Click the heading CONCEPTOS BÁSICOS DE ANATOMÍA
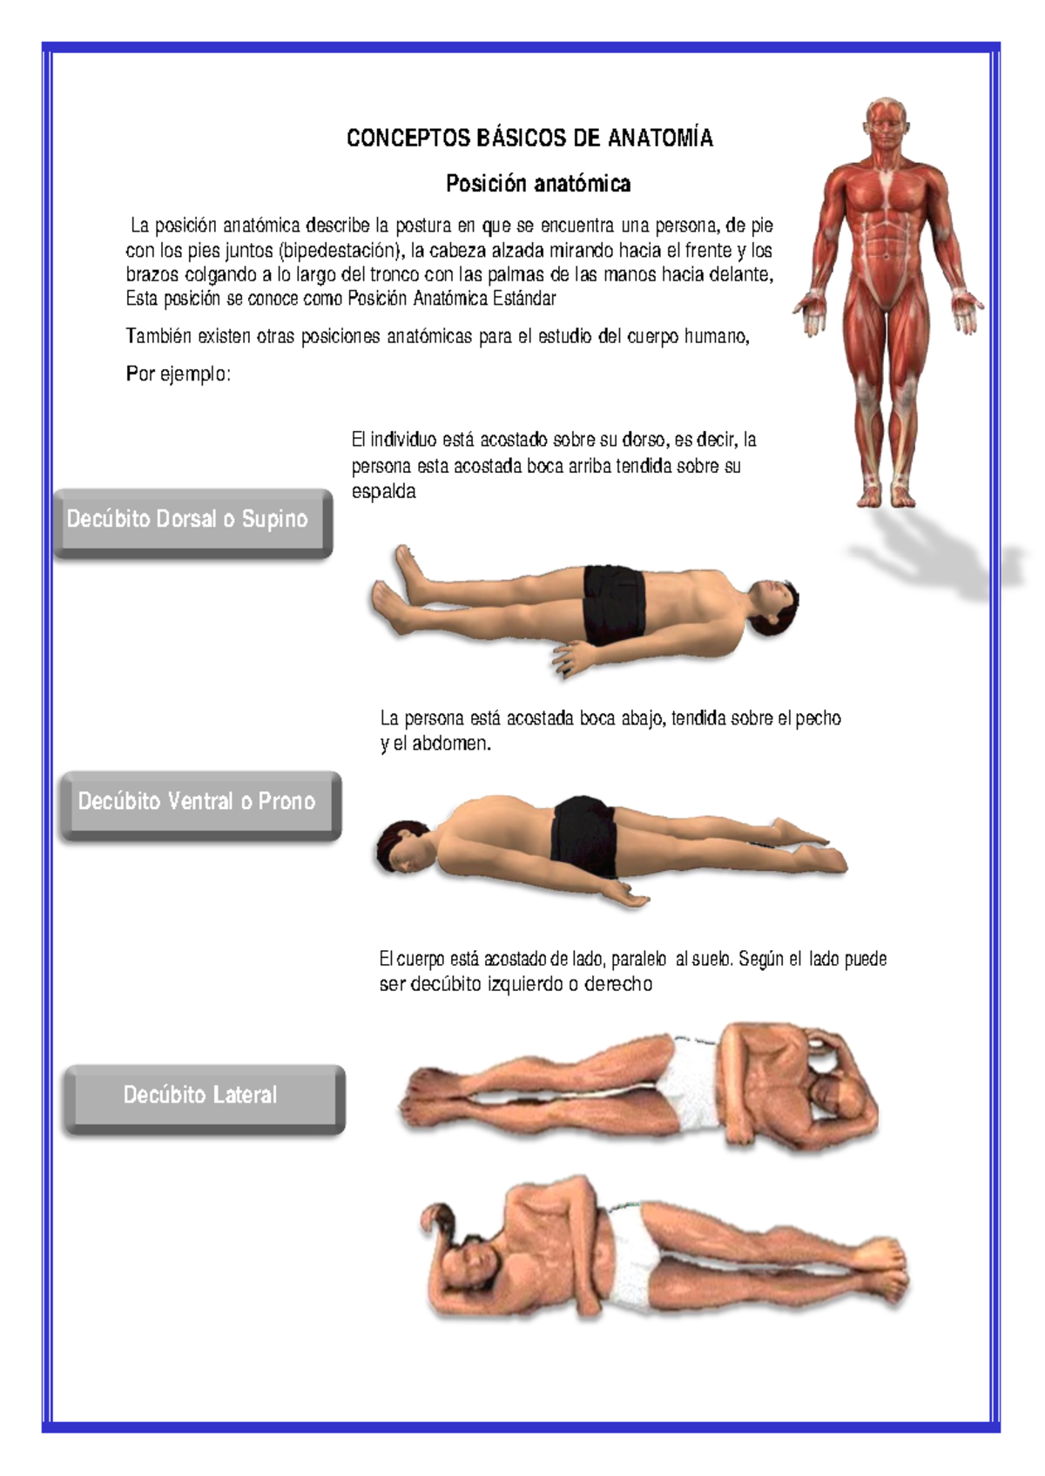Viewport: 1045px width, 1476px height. click(529, 138)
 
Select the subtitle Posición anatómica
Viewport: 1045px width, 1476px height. click(538, 184)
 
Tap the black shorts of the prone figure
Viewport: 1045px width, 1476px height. click(583, 834)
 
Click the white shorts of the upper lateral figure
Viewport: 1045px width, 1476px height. click(688, 1084)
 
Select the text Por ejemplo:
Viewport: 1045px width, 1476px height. click(179, 374)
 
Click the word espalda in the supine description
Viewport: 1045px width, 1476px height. click(383, 492)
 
